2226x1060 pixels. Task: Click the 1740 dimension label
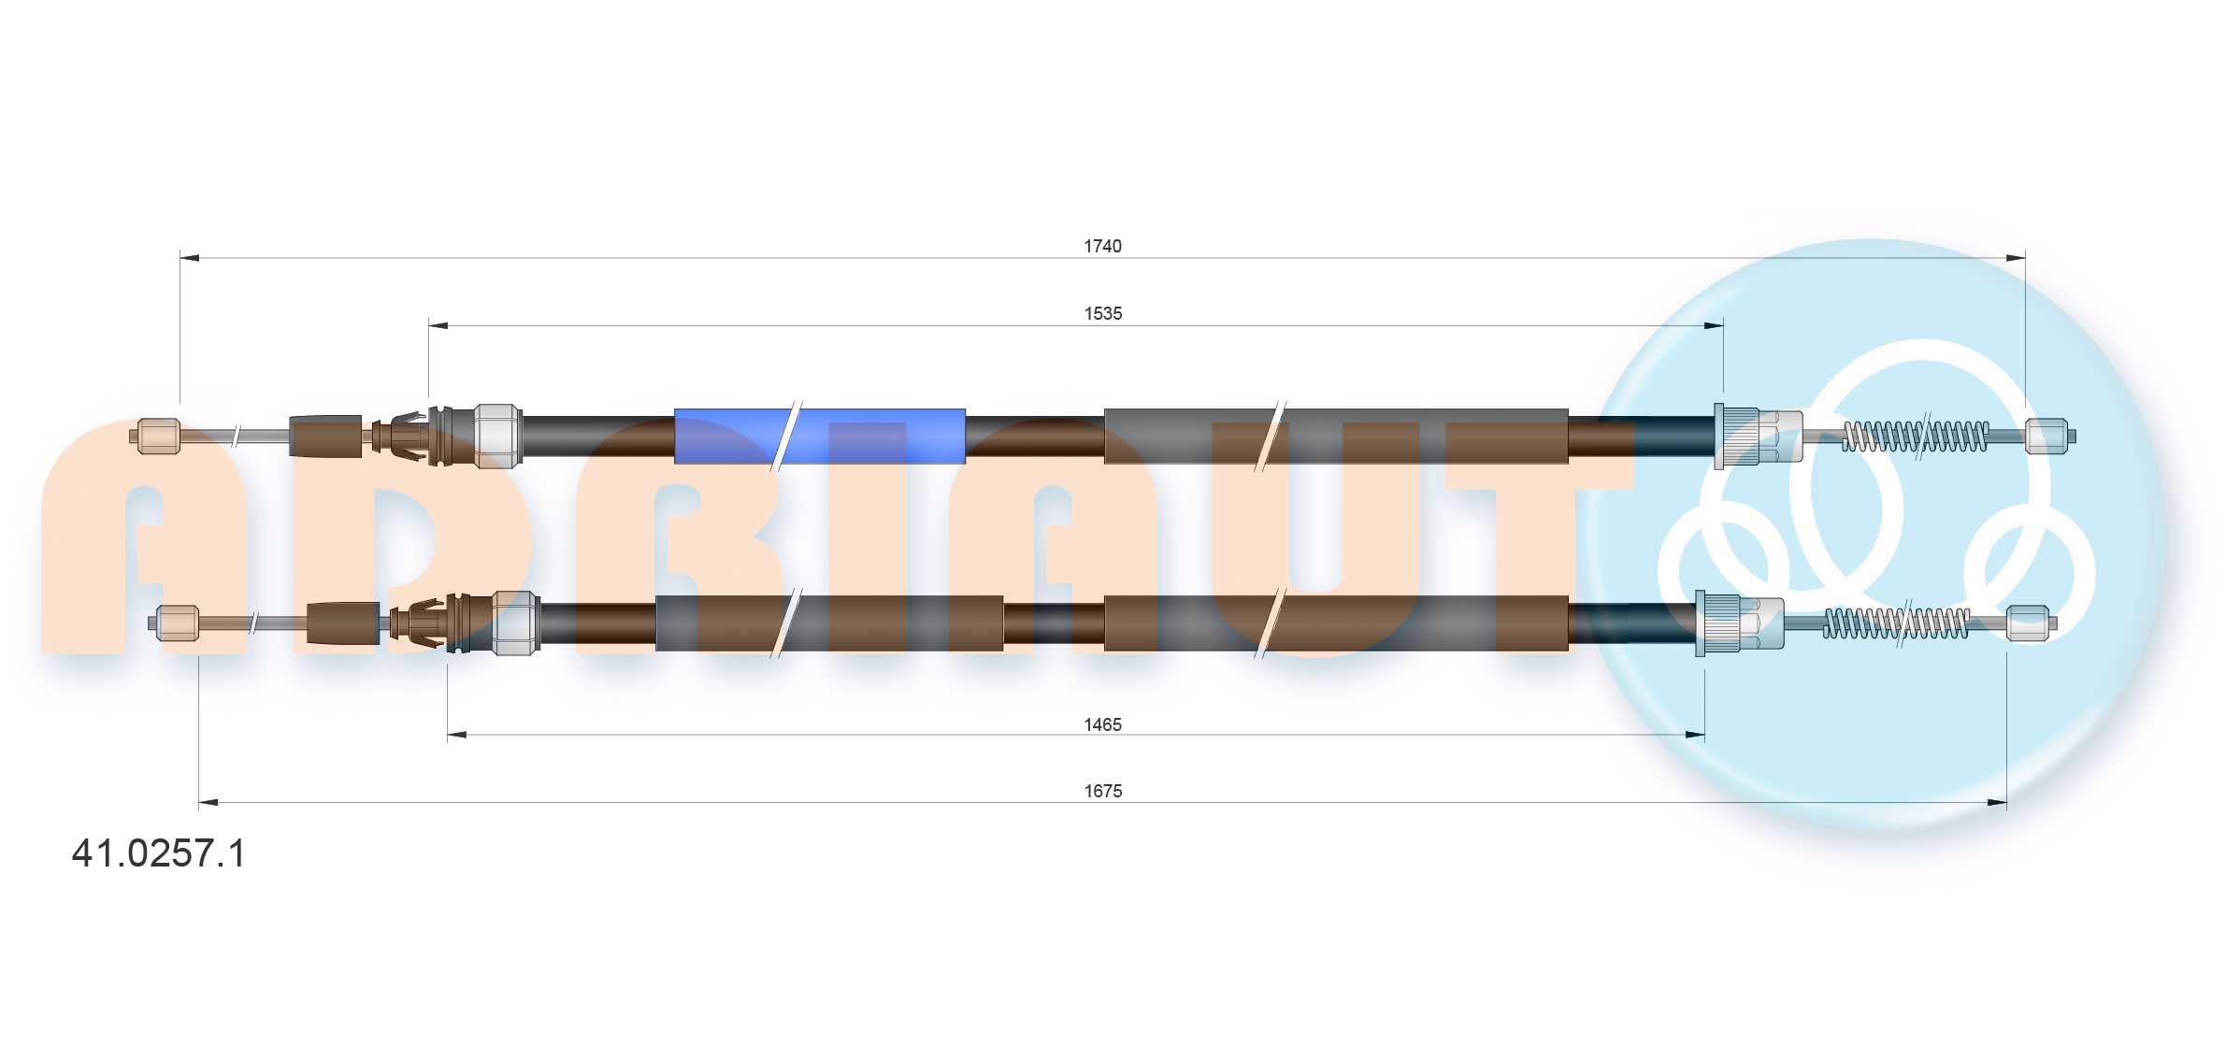pyautogui.click(x=1102, y=246)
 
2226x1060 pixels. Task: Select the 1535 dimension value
pyautogui.click(x=1102, y=313)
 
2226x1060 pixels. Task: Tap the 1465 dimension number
pyautogui.click(x=1102, y=724)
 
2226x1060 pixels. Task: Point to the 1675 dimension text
pyautogui.click(x=1102, y=791)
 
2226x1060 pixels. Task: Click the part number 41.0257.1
pyautogui.click(x=158, y=853)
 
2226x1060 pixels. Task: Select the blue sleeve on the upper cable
pyautogui.click(x=819, y=436)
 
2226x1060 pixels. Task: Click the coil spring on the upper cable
pyautogui.click(x=1915, y=436)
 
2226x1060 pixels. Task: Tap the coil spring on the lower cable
pyautogui.click(x=1896, y=623)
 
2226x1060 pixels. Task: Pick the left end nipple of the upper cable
pyautogui.click(x=158, y=437)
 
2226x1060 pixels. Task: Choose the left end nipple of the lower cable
pyautogui.click(x=177, y=623)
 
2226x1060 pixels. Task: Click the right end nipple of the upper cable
pyautogui.click(x=2046, y=436)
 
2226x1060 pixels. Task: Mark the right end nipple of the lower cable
pyautogui.click(x=2027, y=623)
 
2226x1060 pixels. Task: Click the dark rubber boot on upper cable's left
pyautogui.click(x=325, y=437)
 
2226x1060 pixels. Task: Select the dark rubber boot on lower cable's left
pyautogui.click(x=342, y=623)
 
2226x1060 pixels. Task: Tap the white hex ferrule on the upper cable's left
pyautogui.click(x=497, y=436)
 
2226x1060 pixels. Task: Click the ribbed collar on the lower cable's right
pyautogui.click(x=1718, y=623)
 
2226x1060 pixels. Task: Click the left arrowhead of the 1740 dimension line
pyautogui.click(x=188, y=257)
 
